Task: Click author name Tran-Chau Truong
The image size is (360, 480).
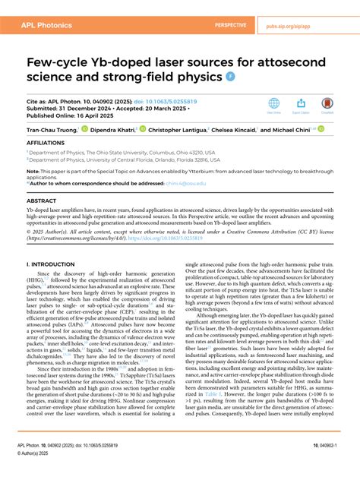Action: pos(54,130)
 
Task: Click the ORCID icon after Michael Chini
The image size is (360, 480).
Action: pos(321,130)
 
